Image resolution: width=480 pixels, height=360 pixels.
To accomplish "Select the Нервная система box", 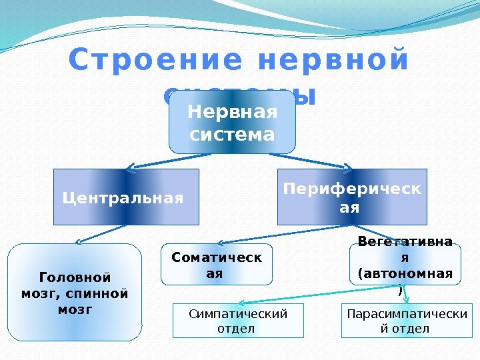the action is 232,122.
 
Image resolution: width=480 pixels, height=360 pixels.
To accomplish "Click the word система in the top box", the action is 232,135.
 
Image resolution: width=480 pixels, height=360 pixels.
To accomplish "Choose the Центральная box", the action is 126,197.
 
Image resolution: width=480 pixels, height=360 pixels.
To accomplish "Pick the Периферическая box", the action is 351,197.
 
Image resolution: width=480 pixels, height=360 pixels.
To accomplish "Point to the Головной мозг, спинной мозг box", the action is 75,293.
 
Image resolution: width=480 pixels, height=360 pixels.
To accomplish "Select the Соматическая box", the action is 217,265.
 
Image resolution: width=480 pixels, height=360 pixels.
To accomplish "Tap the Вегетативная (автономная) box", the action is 404,265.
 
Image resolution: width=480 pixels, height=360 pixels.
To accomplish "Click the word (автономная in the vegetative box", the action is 405,274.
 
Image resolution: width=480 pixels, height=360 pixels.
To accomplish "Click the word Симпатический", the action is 237,313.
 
